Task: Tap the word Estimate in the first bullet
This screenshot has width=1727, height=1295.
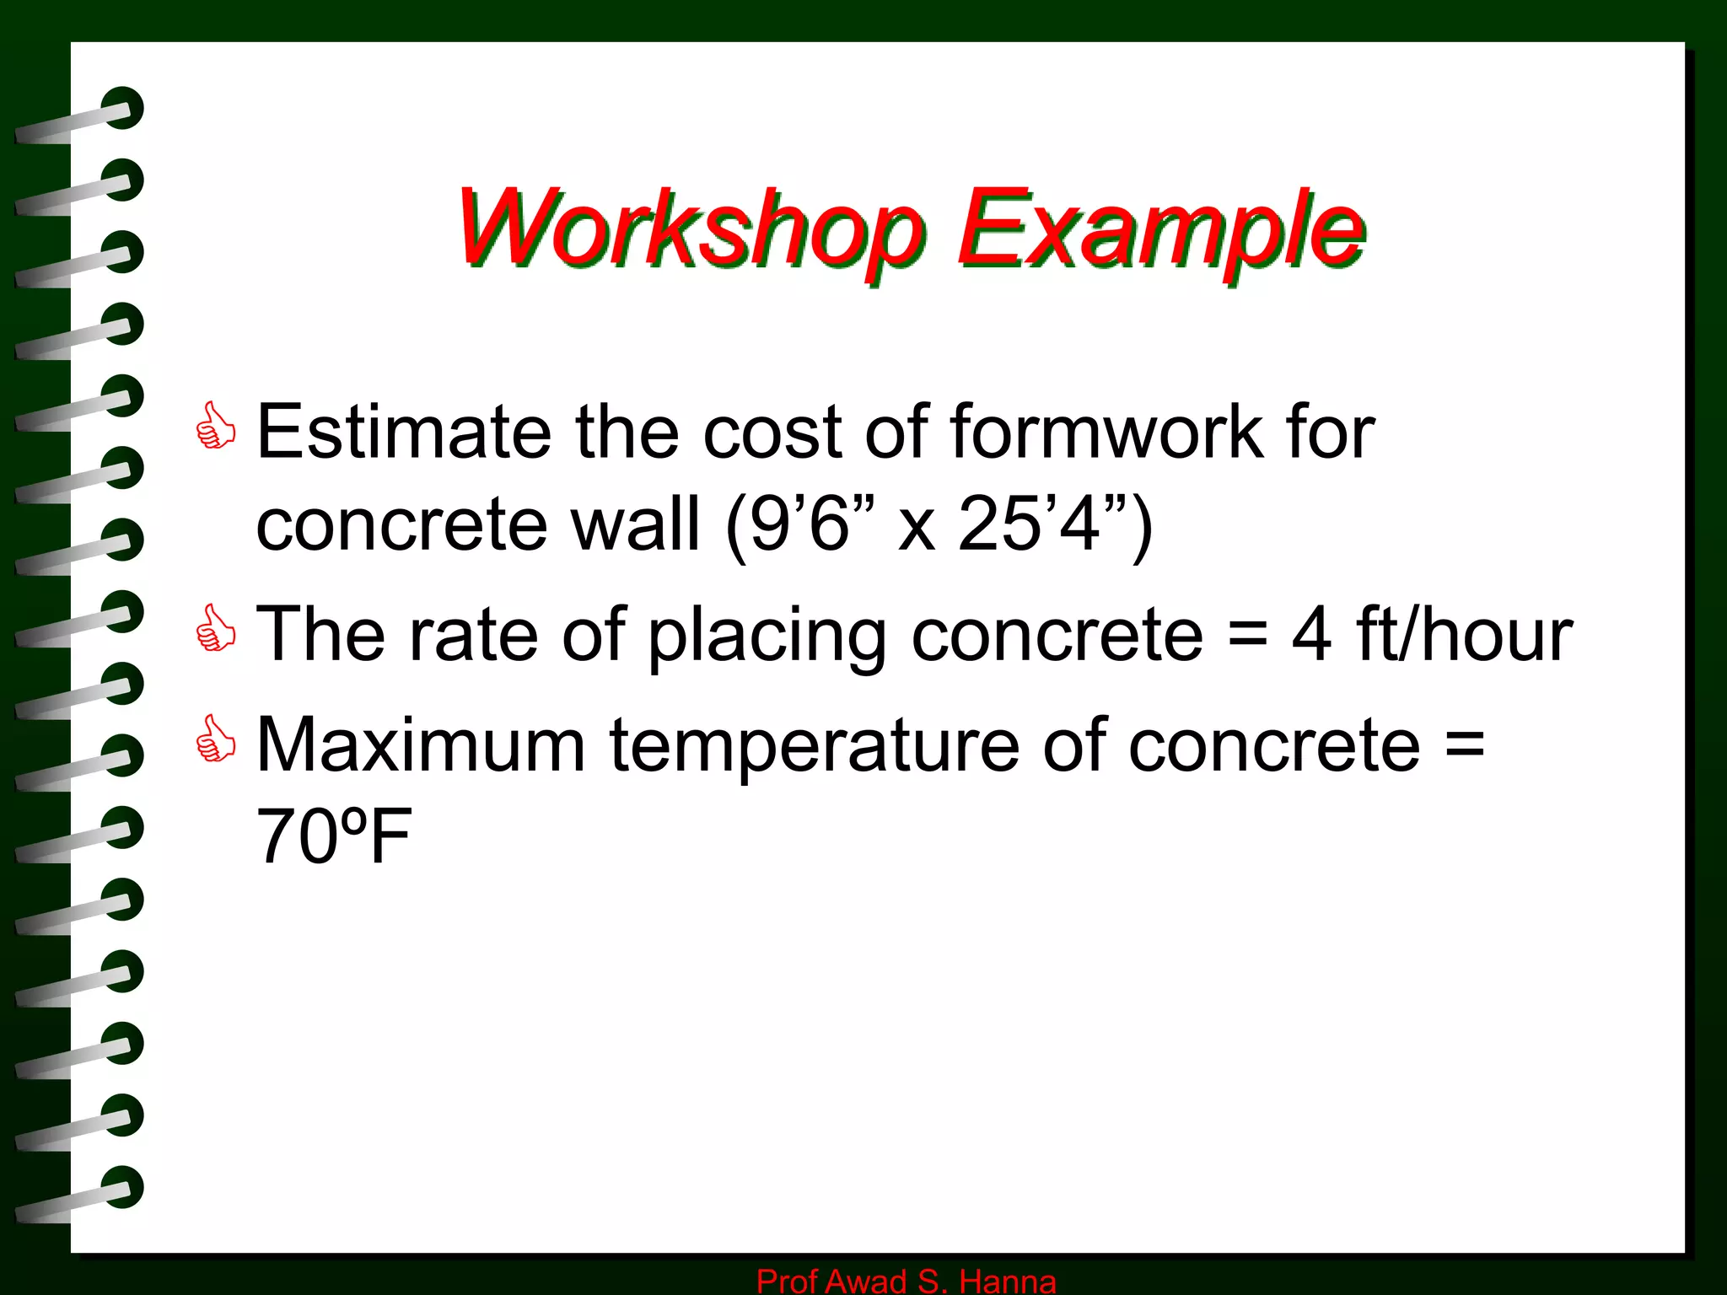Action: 403,432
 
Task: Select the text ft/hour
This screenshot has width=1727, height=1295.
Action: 1464,634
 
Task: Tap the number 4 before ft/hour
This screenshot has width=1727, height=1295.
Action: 1311,634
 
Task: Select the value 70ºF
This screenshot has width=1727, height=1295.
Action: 333,836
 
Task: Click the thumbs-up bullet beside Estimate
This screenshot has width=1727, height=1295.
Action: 215,427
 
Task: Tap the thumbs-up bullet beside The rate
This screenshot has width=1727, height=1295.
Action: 215,629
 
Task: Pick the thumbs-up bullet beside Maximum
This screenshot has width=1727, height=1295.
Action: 215,739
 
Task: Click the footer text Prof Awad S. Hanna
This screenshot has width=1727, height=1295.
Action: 906,1281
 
